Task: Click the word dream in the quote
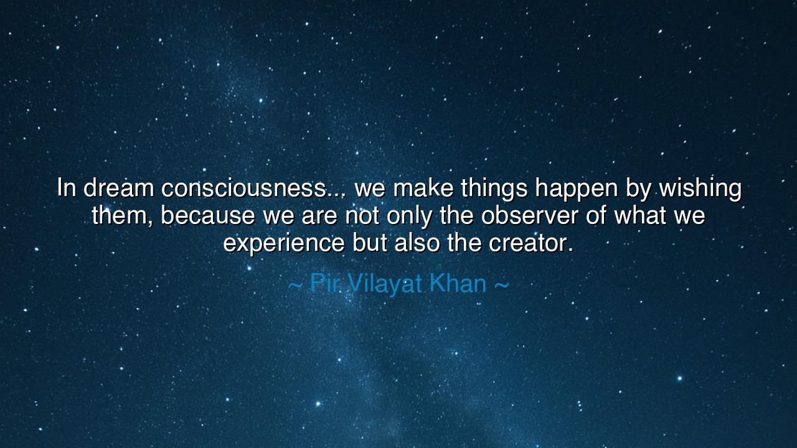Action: click(118, 188)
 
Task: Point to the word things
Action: click(494, 188)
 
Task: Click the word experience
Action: click(284, 243)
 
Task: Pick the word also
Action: click(418, 243)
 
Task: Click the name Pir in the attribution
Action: click(324, 284)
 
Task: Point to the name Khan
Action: click(458, 284)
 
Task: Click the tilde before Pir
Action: click(296, 285)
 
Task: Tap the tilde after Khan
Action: click(501, 285)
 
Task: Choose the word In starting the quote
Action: click(67, 188)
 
